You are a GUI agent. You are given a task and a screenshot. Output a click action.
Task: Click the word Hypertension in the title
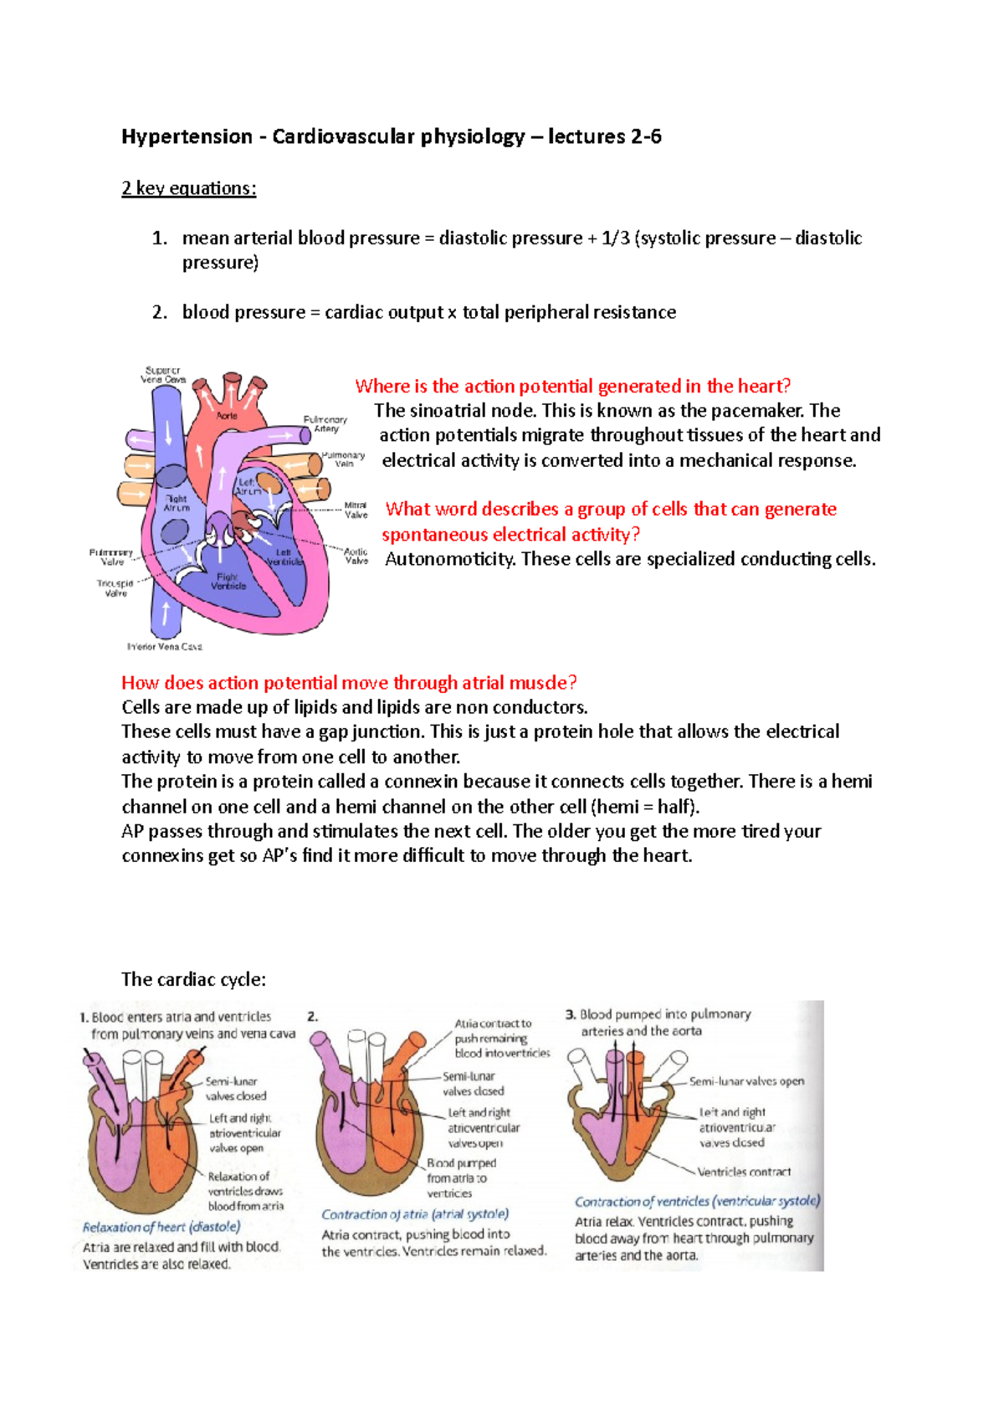(187, 136)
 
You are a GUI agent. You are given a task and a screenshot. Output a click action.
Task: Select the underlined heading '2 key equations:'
(188, 188)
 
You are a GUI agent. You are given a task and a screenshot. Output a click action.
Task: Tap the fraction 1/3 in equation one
(615, 239)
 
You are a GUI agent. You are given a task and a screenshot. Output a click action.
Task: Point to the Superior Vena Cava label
(163, 374)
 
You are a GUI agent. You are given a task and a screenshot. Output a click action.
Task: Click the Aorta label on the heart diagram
(227, 415)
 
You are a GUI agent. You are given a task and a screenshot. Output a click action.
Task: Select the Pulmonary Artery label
(325, 423)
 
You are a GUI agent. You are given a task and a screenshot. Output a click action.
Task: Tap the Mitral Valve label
(356, 510)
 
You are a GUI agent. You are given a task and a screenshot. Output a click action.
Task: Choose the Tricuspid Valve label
(115, 587)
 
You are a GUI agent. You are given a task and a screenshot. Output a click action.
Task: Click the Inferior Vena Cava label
(164, 647)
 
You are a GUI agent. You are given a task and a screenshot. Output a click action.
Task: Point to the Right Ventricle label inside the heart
(228, 581)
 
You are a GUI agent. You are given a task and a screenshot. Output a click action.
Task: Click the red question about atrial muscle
(349, 683)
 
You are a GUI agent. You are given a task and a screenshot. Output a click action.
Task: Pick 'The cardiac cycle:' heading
(193, 979)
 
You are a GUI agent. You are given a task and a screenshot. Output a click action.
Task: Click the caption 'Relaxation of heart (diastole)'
(161, 1227)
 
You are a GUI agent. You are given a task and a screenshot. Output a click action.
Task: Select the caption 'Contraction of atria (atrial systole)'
(415, 1214)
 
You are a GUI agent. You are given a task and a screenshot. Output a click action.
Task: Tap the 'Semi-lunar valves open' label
(746, 1081)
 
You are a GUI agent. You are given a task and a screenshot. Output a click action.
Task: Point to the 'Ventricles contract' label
(744, 1172)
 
